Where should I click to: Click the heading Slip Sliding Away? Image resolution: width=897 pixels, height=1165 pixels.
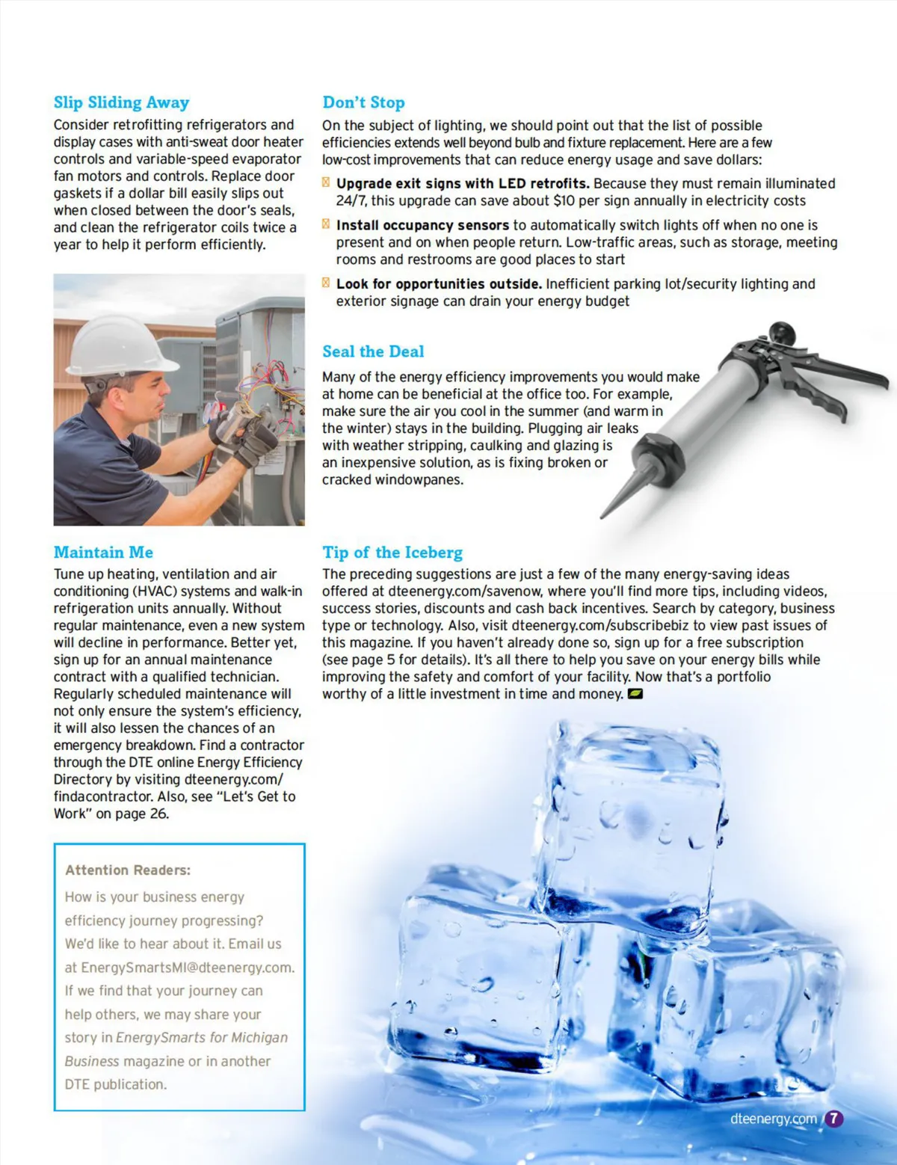121,102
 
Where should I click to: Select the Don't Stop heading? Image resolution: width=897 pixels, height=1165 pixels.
363,102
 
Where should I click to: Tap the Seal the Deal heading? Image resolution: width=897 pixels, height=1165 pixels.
373,351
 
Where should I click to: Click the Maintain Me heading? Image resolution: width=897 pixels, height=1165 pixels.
103,553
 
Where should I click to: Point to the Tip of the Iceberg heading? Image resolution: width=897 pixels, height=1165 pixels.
392,553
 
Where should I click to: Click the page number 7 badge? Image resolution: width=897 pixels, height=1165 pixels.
833,1119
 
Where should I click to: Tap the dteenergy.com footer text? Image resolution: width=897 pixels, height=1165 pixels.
773,1119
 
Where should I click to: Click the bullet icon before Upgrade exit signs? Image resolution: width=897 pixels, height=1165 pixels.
326,182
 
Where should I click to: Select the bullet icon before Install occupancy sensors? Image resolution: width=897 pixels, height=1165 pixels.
326,224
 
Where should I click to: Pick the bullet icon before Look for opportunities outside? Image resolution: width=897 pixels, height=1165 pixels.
326,283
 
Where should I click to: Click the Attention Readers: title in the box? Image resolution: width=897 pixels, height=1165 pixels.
128,870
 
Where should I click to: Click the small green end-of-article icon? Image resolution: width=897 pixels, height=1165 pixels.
635,694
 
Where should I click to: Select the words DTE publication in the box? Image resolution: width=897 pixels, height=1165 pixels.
115,1084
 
